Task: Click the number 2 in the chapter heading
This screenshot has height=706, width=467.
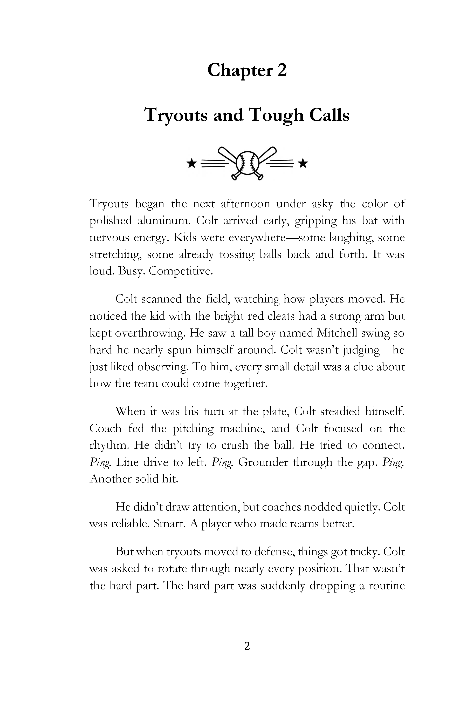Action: [281, 70]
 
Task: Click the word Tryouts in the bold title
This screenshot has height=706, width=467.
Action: [176, 115]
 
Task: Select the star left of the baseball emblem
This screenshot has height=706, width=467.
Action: [191, 163]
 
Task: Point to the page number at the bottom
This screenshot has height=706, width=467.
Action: [247, 646]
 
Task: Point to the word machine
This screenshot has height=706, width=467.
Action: [239, 428]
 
